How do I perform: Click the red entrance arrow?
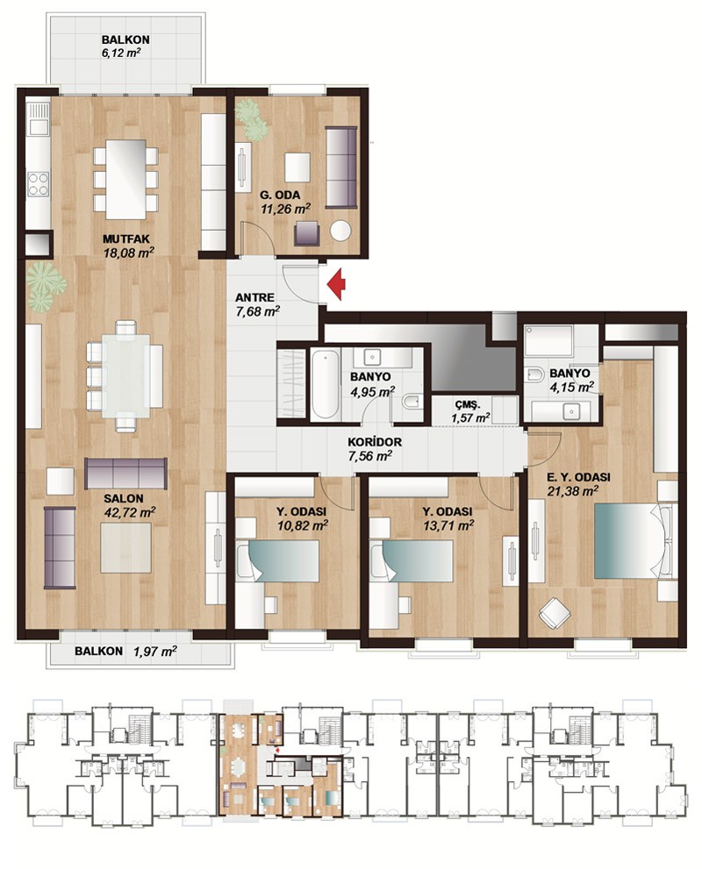336,284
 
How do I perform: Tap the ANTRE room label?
254,297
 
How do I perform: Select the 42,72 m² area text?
129,511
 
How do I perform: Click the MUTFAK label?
126,239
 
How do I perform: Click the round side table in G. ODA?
340,231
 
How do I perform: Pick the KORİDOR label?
375,442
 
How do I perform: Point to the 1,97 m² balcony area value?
155,652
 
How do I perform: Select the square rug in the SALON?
125,549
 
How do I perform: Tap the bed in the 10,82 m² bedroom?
277,560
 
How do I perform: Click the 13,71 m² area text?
448,525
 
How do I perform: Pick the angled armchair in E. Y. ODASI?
555,613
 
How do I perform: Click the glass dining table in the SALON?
125,375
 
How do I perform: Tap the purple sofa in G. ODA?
342,167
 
